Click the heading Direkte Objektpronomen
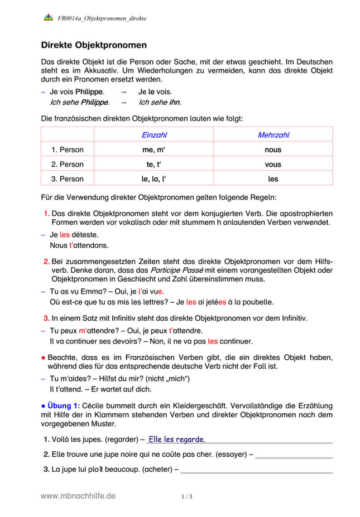(94, 45)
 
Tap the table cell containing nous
(273, 150)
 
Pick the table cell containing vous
(273, 165)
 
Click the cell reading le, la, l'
(155, 179)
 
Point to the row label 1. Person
(67, 150)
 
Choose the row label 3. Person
(67, 179)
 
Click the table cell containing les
(273, 179)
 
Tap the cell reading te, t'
(155, 165)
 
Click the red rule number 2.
(46, 261)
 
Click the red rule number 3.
(46, 318)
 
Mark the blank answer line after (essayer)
(294, 455)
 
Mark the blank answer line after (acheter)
(257, 470)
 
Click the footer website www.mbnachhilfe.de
(78, 495)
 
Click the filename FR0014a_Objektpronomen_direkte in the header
(102, 18)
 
